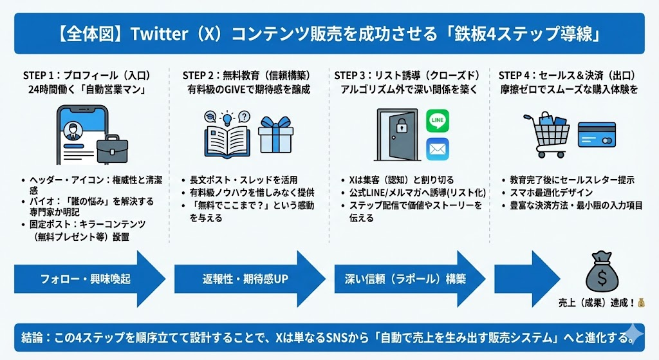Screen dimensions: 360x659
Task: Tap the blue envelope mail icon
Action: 438,149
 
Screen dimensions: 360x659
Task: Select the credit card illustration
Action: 597,135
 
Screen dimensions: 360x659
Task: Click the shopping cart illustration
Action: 546,135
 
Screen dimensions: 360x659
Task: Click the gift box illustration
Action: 275,135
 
